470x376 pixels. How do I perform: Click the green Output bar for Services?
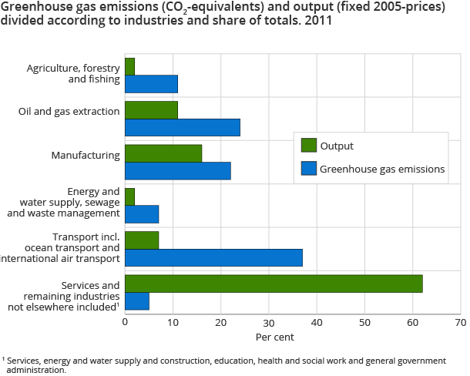click(274, 284)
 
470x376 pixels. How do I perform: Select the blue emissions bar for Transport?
click(213, 257)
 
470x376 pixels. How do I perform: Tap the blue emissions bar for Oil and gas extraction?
click(183, 127)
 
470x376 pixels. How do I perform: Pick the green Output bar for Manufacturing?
click(163, 153)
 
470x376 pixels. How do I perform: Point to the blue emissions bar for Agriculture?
click(151, 84)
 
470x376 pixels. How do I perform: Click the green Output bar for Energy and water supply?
click(129, 196)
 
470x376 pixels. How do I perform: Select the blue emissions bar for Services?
click(136, 300)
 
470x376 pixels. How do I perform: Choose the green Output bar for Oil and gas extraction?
click(151, 110)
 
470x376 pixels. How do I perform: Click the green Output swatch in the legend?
click(308, 145)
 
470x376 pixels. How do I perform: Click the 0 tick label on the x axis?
click(125, 323)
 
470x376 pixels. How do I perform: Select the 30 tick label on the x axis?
click(269, 323)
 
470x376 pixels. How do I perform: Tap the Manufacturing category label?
click(85, 155)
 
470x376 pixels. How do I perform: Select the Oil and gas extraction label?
click(69, 111)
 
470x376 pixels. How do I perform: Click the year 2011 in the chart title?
click(321, 22)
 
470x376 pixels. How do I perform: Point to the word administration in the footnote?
click(33, 370)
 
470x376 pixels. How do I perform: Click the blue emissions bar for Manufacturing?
click(178, 171)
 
